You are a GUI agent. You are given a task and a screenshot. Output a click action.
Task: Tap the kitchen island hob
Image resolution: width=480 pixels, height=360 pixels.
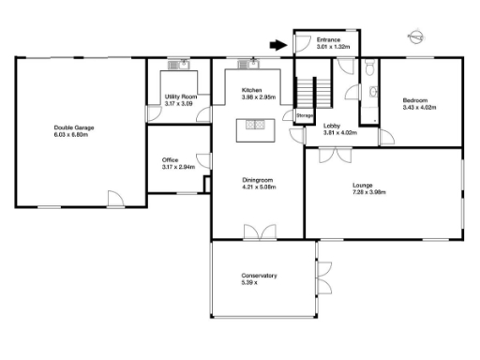[254, 124]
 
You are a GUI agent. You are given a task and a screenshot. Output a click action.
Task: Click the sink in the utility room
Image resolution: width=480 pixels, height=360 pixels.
[176, 65]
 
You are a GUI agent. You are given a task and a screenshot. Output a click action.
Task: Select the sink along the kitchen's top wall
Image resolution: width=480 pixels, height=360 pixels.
[248, 64]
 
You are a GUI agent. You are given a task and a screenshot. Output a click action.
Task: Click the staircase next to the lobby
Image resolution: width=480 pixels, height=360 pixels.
[314, 93]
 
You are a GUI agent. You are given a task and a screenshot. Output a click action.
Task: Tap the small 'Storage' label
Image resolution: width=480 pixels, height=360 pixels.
[305, 116]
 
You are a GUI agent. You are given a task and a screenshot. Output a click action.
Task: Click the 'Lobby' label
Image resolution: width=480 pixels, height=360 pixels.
[332, 125]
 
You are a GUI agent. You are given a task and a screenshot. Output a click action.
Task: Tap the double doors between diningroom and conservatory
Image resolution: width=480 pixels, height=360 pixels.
[256, 232]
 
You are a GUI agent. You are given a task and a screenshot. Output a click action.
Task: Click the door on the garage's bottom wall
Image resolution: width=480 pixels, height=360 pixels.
[114, 199]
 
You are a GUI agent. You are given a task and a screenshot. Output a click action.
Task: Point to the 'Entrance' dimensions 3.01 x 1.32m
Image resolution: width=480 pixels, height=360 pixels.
[333, 46]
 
